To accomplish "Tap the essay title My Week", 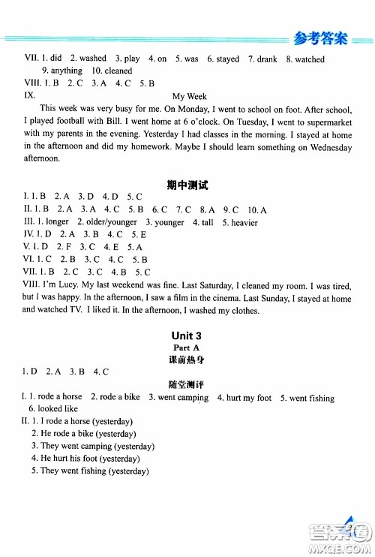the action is (189, 96).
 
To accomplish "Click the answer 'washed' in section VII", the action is (92, 59).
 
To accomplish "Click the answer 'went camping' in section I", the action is (183, 397).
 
